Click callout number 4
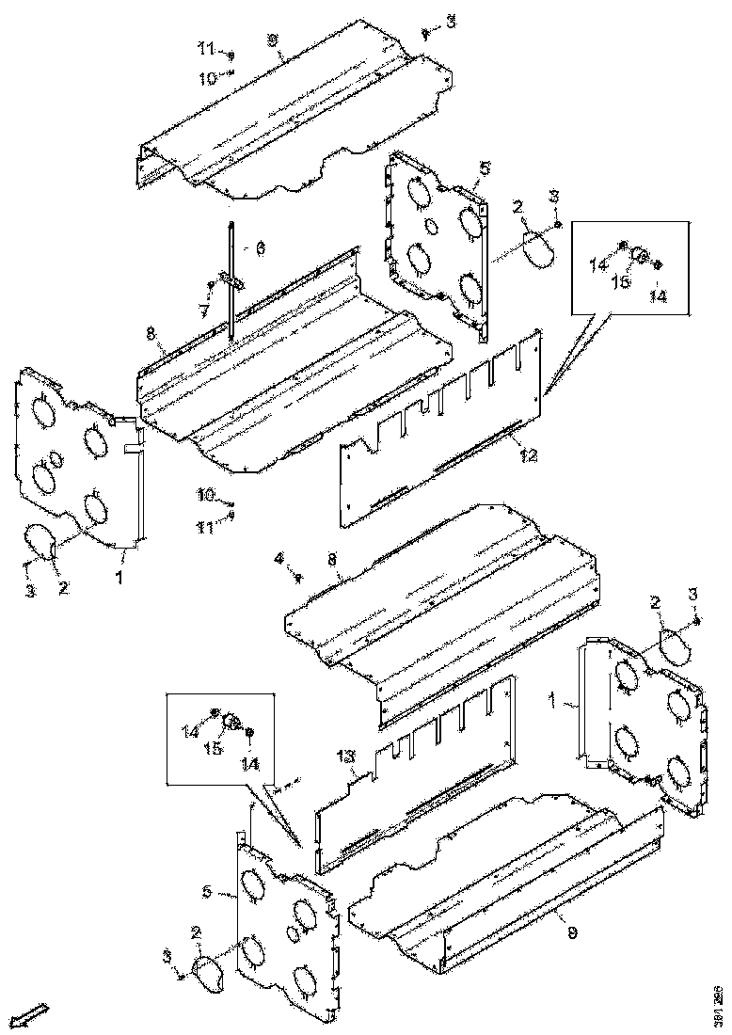point(278,559)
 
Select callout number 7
point(201,310)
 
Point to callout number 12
point(529,457)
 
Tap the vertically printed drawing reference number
point(718,999)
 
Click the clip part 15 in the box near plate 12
point(639,254)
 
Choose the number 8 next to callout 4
point(331,560)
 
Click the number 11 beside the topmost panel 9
point(205,47)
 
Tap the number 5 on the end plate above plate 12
point(485,167)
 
